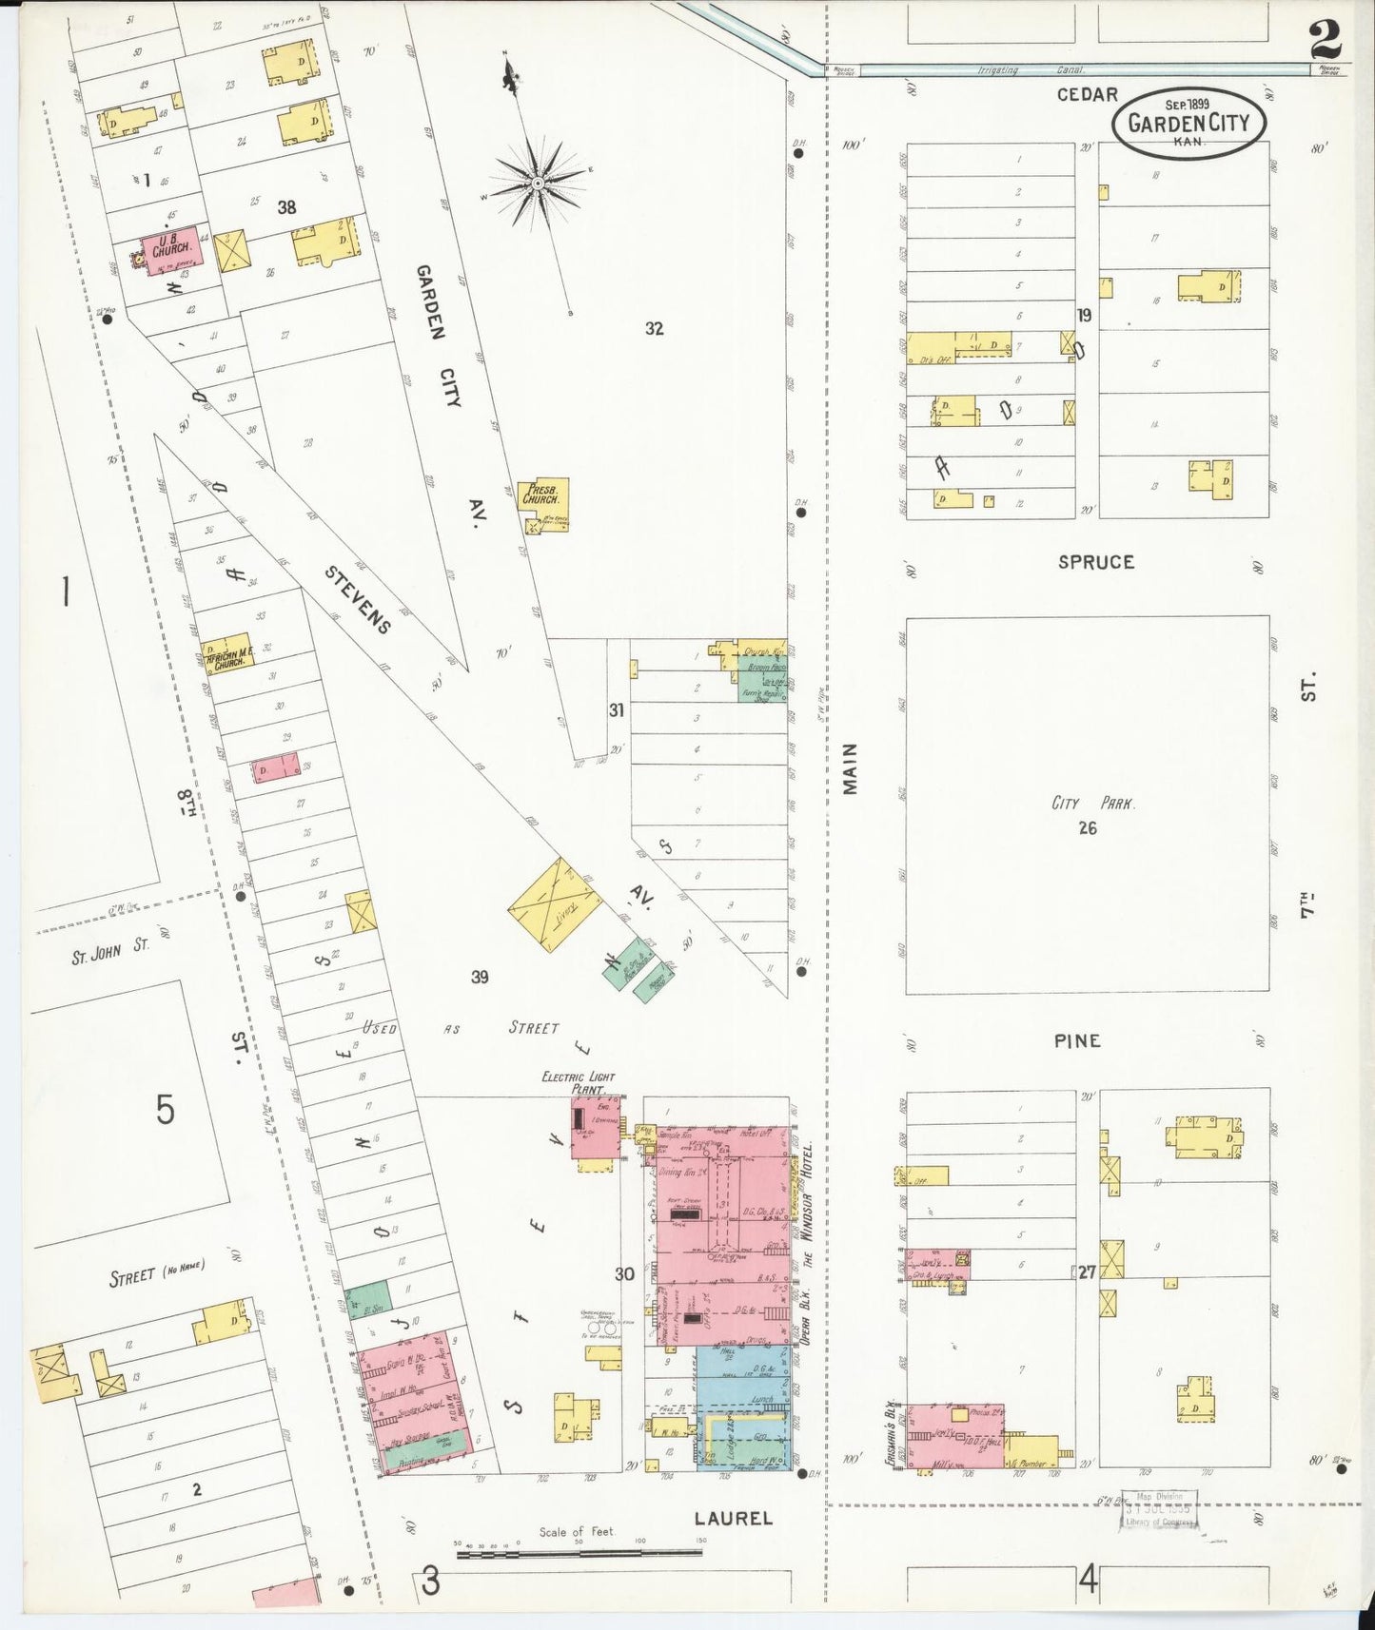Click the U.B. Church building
171,249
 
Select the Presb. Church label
544,495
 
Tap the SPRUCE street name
1095,562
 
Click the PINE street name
1076,1040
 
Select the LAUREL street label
733,1518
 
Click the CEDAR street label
1087,94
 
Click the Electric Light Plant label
578,1082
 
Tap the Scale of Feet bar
579,1553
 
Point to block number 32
654,329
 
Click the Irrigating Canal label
997,70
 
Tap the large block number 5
166,1109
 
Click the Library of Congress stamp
1158,1511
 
